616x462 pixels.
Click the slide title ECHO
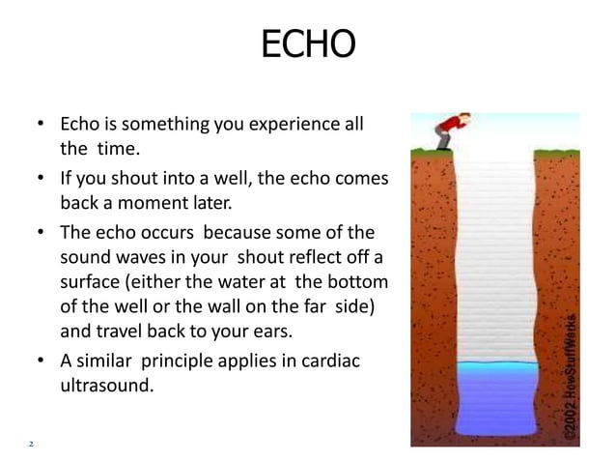click(x=308, y=44)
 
